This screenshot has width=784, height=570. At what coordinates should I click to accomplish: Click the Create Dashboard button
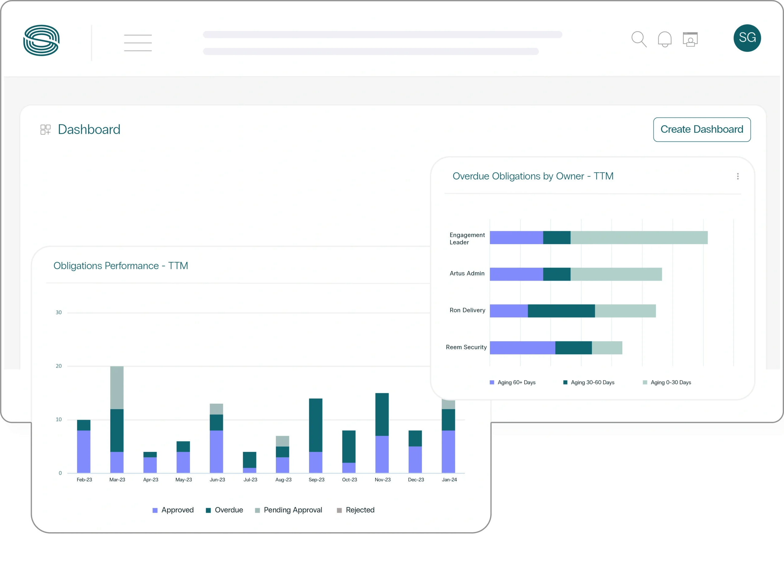(701, 129)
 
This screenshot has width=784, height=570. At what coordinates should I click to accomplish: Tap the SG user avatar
(747, 38)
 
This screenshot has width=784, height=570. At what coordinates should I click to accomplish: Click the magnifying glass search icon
(639, 39)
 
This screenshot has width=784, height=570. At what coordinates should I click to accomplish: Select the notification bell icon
(664, 39)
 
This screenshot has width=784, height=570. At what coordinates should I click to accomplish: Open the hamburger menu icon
(138, 43)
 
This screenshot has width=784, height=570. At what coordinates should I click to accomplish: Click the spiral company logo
(41, 40)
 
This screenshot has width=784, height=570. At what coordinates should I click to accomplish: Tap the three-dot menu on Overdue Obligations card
(738, 177)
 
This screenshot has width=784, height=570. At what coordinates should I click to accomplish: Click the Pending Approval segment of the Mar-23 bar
(117, 388)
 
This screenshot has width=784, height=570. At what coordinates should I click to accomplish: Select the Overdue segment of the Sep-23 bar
(316, 425)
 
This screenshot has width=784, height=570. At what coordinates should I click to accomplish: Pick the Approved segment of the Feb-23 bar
(84, 451)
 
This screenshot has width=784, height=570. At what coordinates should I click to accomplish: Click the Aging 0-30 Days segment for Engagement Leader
(639, 238)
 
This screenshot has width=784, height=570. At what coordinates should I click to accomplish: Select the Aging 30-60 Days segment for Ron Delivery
(561, 311)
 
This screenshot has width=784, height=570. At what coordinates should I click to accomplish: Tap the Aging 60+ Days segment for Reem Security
(522, 348)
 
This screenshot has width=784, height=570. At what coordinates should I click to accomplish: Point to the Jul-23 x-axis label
(250, 480)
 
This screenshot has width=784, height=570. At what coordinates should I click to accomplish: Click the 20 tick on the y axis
(59, 366)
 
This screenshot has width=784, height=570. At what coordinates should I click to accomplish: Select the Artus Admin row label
(467, 274)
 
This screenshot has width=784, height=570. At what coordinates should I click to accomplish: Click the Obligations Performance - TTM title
(121, 266)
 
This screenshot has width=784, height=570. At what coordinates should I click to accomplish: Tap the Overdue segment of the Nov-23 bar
(382, 414)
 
